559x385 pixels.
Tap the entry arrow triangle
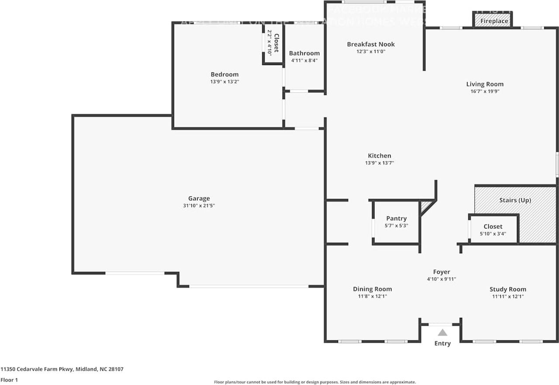tap(442, 333)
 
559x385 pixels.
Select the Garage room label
tap(199, 199)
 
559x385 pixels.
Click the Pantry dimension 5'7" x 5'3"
tap(397, 226)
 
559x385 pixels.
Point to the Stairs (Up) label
tap(515, 200)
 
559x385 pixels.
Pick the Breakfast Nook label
tap(371, 44)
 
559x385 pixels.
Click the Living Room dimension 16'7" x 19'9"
tap(485, 92)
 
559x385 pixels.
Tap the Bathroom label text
tap(304, 53)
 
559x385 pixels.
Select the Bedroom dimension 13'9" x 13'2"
tap(224, 82)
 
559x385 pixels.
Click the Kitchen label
tap(380, 156)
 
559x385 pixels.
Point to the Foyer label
tap(442, 272)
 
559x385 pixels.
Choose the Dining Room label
tap(373, 289)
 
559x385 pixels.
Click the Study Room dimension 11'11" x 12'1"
tap(507, 296)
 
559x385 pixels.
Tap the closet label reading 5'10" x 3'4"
tap(493, 234)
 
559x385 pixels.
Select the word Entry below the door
tap(442, 344)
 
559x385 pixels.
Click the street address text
tap(62, 369)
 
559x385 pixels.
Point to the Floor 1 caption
tap(10, 380)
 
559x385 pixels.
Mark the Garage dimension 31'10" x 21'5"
tap(199, 206)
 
